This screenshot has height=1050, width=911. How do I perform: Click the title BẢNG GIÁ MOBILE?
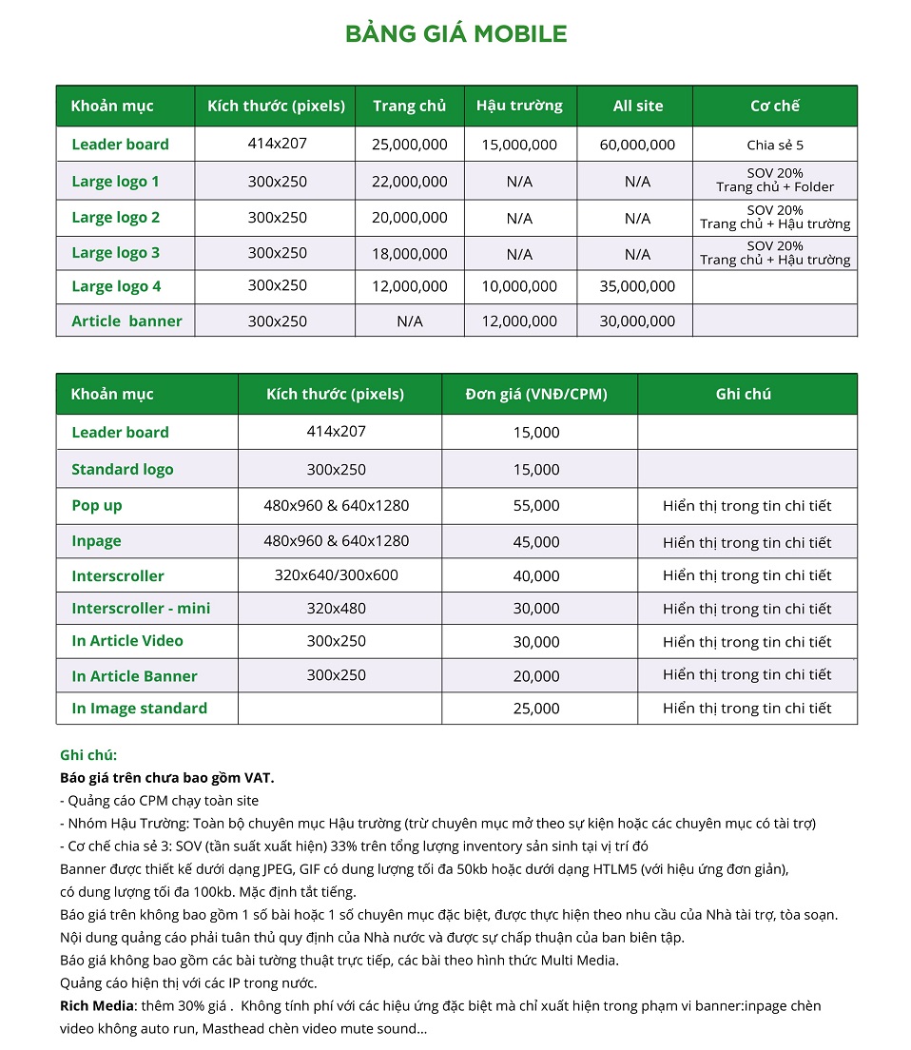(x=455, y=35)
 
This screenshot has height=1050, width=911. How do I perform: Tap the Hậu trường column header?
(x=519, y=106)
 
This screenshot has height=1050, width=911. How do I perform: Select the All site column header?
(x=637, y=106)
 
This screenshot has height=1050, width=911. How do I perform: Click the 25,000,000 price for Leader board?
(x=409, y=145)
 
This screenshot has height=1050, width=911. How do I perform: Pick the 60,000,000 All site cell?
(x=637, y=145)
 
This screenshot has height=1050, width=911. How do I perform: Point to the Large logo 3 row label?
(x=116, y=253)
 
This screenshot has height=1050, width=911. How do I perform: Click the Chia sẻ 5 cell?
(x=774, y=146)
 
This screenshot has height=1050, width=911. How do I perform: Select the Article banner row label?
(x=126, y=321)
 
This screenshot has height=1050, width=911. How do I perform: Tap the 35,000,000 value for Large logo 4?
(x=637, y=286)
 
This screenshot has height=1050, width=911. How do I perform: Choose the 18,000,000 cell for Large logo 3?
(x=409, y=254)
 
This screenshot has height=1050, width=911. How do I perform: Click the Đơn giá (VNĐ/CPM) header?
(x=536, y=394)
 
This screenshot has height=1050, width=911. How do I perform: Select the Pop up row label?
(x=97, y=506)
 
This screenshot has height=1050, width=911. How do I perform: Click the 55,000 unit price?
(x=536, y=506)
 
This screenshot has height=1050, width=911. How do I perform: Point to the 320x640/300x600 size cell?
(x=337, y=575)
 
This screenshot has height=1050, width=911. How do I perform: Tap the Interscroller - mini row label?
(x=141, y=609)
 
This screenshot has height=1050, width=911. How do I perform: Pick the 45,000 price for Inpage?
(x=536, y=542)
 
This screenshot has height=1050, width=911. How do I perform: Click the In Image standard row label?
(x=139, y=709)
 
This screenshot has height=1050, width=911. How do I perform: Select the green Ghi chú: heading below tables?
(x=88, y=755)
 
